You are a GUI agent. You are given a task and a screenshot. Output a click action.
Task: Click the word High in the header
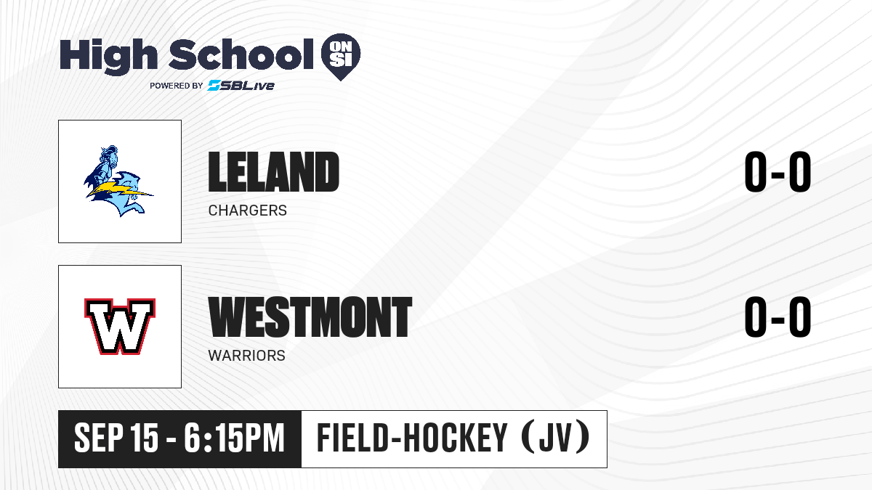(x=108, y=57)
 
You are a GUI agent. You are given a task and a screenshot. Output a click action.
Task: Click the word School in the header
(x=241, y=54)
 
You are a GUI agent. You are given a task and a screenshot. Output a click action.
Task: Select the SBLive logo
(x=241, y=86)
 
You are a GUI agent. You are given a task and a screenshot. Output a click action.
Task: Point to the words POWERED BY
(x=177, y=86)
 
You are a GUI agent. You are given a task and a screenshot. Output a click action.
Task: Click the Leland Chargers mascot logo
(x=118, y=181)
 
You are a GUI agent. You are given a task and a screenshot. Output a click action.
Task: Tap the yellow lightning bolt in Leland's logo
(x=119, y=189)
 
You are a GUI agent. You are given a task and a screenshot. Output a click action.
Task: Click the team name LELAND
(x=274, y=171)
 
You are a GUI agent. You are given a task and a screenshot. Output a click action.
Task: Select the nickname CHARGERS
(x=248, y=211)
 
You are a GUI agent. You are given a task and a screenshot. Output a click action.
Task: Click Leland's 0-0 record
(x=778, y=171)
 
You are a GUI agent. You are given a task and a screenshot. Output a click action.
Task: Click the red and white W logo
(x=120, y=327)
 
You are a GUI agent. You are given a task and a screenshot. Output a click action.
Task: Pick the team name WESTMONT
(x=310, y=317)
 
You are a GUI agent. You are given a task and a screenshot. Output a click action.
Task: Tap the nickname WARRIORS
(x=247, y=356)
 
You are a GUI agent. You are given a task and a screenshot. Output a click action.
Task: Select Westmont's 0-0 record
(x=778, y=317)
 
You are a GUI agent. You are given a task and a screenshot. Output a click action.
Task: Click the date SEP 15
(x=116, y=438)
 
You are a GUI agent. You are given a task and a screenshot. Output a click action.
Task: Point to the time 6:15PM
(x=234, y=438)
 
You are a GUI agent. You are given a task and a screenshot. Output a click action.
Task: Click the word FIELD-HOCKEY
(x=412, y=438)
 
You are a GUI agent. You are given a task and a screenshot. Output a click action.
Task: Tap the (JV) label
(x=554, y=438)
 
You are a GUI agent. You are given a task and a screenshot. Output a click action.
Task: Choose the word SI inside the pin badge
(x=341, y=60)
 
